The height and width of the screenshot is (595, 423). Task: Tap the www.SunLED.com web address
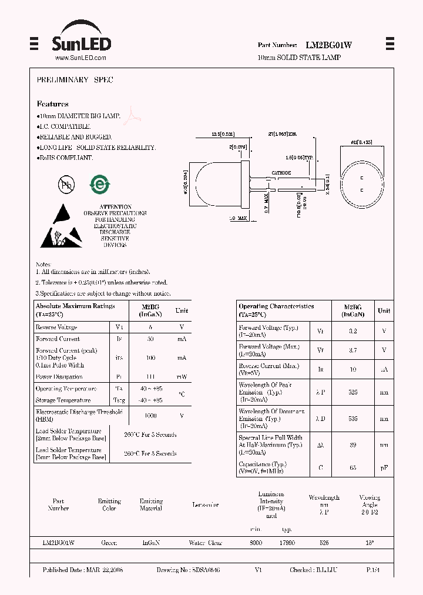tap(80, 58)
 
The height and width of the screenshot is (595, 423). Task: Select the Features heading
tap(52, 104)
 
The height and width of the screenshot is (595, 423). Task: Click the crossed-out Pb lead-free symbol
tap(66, 185)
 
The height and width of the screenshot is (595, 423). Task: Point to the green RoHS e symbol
tap(99, 185)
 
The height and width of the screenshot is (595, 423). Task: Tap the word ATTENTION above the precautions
tap(115, 207)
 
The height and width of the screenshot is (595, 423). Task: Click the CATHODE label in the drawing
tap(281, 173)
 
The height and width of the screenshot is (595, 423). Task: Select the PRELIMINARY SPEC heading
tap(75, 79)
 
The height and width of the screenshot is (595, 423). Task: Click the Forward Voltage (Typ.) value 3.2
tap(352, 331)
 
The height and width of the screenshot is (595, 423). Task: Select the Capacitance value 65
tap(352, 467)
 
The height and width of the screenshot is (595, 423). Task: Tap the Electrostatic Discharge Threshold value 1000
tap(151, 415)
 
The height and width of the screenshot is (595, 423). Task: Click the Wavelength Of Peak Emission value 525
tap(352, 392)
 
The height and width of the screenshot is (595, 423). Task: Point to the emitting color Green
tap(109, 543)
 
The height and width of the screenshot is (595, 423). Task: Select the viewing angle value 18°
tap(370, 543)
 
